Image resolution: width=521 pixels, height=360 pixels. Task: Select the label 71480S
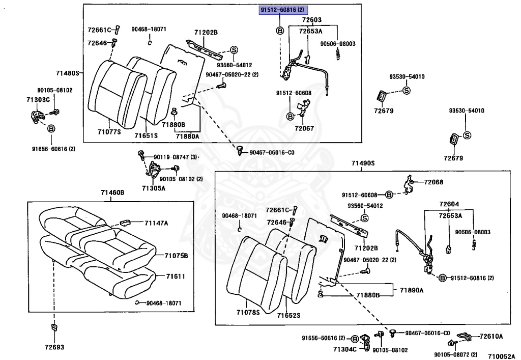(68, 73)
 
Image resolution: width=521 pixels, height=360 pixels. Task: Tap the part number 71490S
(362, 163)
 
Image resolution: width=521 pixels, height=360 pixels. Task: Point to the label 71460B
(112, 192)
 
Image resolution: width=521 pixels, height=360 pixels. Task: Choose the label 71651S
(146, 135)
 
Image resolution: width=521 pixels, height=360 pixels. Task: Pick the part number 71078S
(248, 312)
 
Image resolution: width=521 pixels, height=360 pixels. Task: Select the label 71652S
(288, 315)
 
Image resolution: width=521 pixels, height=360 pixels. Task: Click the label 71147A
(156, 223)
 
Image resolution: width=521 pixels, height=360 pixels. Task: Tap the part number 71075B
(176, 255)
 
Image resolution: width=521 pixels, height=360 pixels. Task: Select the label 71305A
(153, 188)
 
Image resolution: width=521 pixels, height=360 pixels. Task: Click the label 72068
(433, 182)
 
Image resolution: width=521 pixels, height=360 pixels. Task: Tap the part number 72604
(449, 204)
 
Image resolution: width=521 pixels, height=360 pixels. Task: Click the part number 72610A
(491, 336)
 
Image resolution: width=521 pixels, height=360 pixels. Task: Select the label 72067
(305, 128)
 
